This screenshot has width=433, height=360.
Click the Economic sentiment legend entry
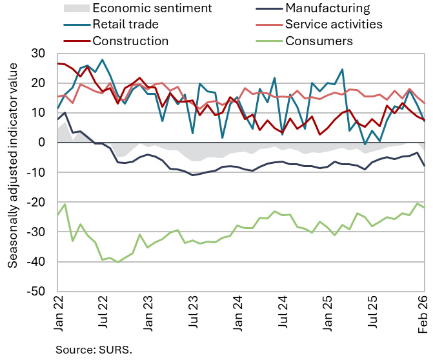pyautogui.click(x=152, y=8)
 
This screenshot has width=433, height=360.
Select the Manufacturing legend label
pyautogui.click(x=327, y=8)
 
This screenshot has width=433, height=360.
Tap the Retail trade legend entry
pyautogui.click(x=125, y=25)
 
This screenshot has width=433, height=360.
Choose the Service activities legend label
pyautogui.click(x=334, y=25)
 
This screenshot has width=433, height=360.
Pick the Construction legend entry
pyautogui.click(x=130, y=41)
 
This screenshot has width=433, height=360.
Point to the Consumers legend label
pyautogui.click(x=319, y=41)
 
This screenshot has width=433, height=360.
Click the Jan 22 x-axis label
pyautogui.click(x=58, y=314)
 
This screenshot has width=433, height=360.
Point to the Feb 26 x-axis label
pyautogui.click(x=424, y=314)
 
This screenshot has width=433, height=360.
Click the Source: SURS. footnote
pyautogui.click(x=93, y=350)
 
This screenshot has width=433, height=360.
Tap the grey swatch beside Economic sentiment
pyautogui.click(x=74, y=8)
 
